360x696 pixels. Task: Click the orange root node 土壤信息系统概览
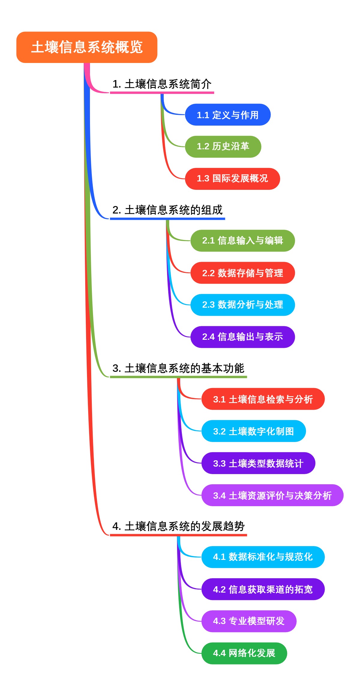[x=87, y=47]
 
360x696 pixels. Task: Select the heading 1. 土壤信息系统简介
[x=162, y=84]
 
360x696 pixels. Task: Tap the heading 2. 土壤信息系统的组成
[x=167, y=210]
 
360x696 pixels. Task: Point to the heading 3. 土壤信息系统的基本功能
[x=178, y=368]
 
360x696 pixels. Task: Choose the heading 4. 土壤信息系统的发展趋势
[x=178, y=526]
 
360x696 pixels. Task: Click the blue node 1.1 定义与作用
[x=228, y=115]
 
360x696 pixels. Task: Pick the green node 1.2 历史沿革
[x=223, y=147]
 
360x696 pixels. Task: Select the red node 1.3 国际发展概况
[x=232, y=179]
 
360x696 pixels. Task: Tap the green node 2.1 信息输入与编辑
[x=242, y=240]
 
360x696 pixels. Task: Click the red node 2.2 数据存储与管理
[x=242, y=273]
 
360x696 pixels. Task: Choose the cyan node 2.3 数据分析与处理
[x=242, y=305]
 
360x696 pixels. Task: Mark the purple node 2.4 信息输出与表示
[x=242, y=337]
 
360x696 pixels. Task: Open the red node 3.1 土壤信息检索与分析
[x=263, y=399]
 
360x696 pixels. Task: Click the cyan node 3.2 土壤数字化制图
[x=253, y=431]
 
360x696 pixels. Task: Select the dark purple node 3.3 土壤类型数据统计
[x=258, y=463]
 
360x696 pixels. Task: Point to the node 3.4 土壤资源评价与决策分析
[x=272, y=495]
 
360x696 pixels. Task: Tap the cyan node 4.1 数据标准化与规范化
[x=263, y=557]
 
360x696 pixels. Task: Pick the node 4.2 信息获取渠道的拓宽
[x=263, y=589]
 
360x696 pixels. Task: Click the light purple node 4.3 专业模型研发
[x=249, y=621]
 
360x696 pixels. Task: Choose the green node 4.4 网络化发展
[x=244, y=653]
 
